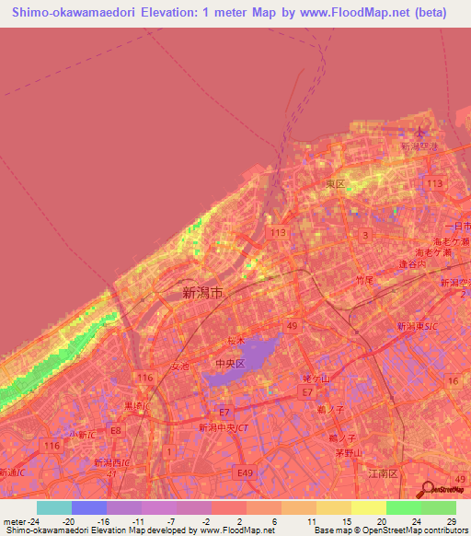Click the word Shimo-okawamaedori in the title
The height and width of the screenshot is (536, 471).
click(x=73, y=13)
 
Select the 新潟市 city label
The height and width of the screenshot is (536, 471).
click(x=203, y=293)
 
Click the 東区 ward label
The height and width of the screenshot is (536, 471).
click(x=335, y=184)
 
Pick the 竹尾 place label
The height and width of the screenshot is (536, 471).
click(x=364, y=279)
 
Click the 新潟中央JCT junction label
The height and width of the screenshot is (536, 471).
click(x=224, y=427)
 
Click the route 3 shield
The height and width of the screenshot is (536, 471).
click(x=366, y=236)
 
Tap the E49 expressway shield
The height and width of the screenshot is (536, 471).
click(x=244, y=472)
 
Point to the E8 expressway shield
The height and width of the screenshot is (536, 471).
click(x=116, y=430)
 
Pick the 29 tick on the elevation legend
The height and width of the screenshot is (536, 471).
click(x=450, y=521)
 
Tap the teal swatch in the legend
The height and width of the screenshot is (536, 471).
click(x=53, y=507)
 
